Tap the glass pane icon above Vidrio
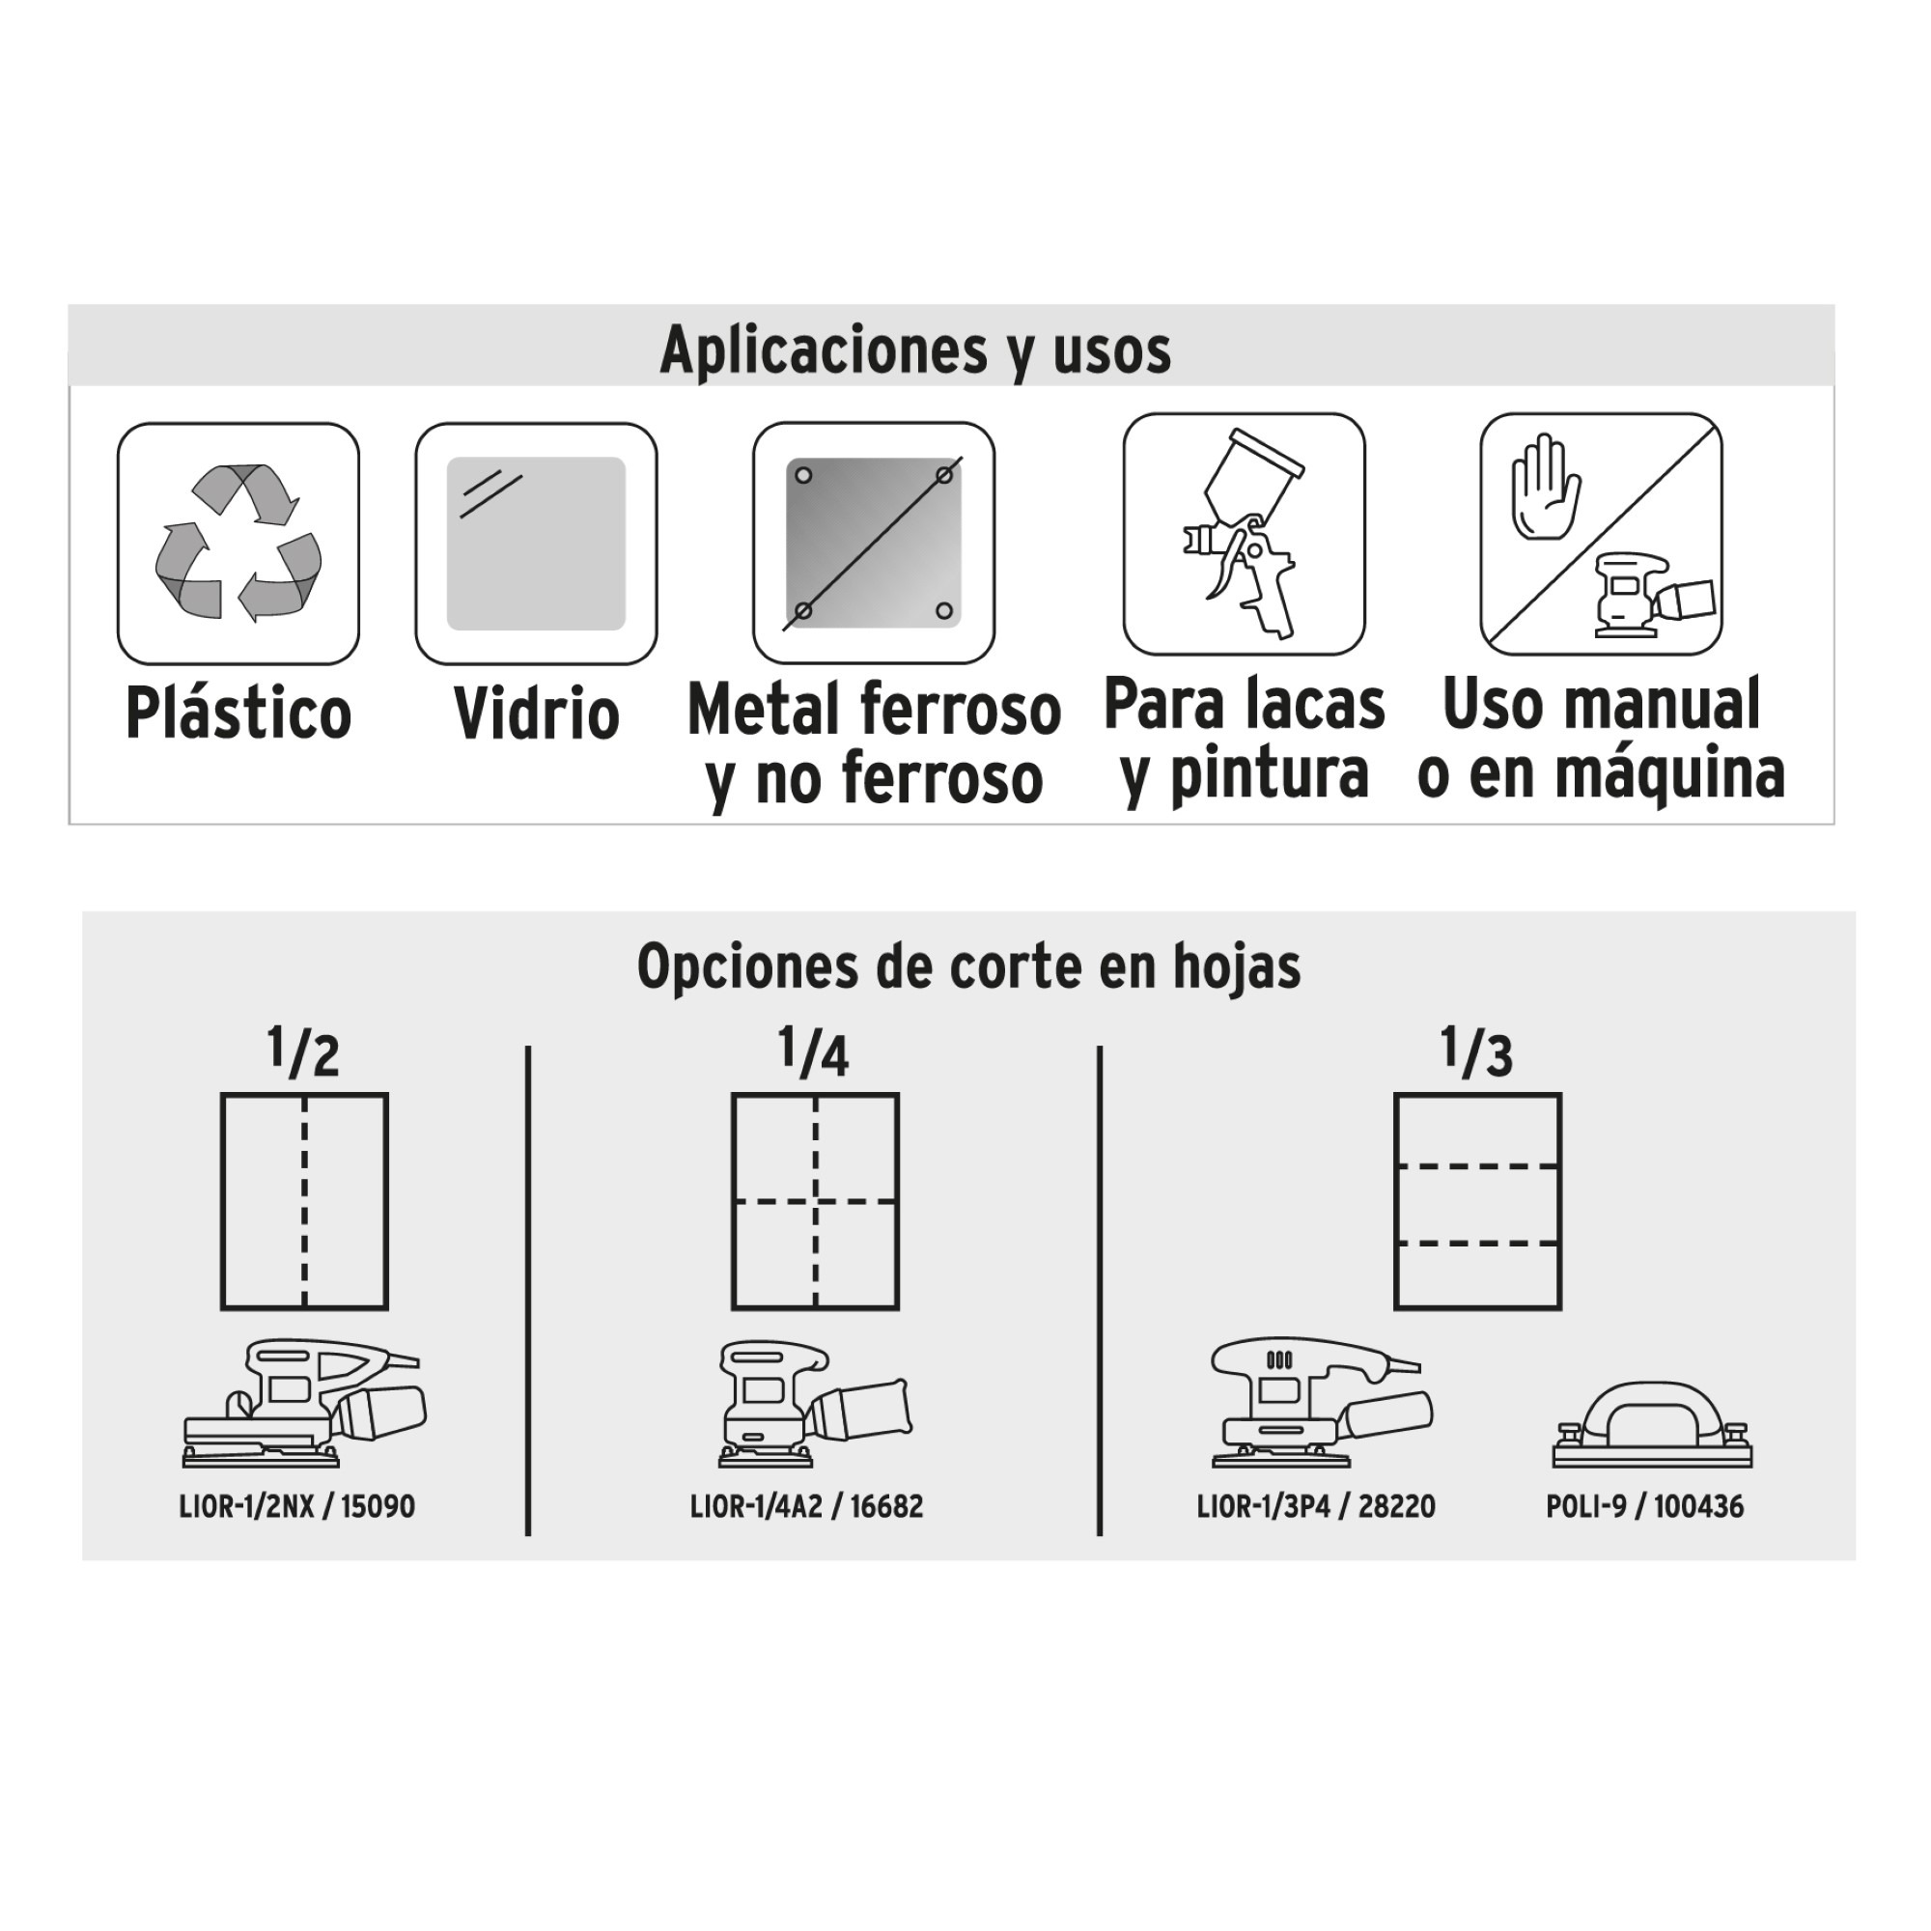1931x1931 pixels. pos(537,543)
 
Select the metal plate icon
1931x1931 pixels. pos(874,543)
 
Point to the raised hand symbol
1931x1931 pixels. pos(1545,487)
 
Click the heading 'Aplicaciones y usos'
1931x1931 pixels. pos(915,349)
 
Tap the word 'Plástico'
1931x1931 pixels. pos(238,713)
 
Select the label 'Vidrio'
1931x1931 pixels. pos(537,713)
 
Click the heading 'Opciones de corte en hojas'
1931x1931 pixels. pos(968,966)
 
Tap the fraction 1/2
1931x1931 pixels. pos(303,1052)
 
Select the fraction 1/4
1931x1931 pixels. pos(814,1052)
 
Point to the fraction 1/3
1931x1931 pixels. pos(1476,1052)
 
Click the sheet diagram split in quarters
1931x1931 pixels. pos(816,1201)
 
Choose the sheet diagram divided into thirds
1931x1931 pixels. pos(1477,1201)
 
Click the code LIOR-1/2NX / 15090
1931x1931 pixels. pos(296,1506)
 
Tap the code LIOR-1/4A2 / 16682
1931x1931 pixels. pos(806,1506)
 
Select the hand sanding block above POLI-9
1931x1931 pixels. pos(1652,1425)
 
